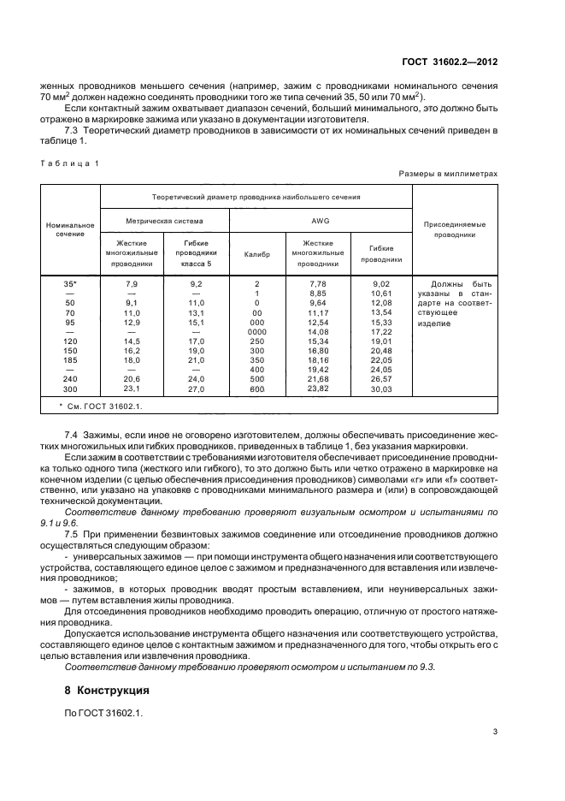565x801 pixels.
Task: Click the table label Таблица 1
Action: [x=69, y=162]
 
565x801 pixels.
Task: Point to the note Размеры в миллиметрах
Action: [x=448, y=174]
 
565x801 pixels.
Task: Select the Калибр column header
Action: [x=256, y=255]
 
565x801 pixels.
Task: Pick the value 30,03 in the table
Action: [x=380, y=389]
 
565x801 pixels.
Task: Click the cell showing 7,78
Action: [x=318, y=282]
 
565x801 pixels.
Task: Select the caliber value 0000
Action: [x=256, y=330]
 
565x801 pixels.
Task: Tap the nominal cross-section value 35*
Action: [x=70, y=282]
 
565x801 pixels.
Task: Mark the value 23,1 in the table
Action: [x=132, y=389]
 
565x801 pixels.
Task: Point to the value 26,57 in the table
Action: [x=380, y=377]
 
